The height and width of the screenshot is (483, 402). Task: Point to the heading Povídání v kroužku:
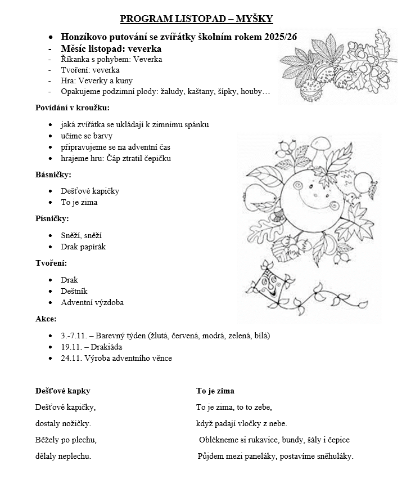point(73,108)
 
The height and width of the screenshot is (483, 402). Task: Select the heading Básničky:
point(53,175)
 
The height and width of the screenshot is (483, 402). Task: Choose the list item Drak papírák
point(83,247)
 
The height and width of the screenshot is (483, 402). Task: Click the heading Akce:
point(46,319)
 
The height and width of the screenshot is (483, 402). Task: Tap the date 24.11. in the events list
point(71,358)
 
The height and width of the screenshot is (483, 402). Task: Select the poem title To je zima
point(215,391)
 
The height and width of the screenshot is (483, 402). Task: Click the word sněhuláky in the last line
point(334,457)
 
